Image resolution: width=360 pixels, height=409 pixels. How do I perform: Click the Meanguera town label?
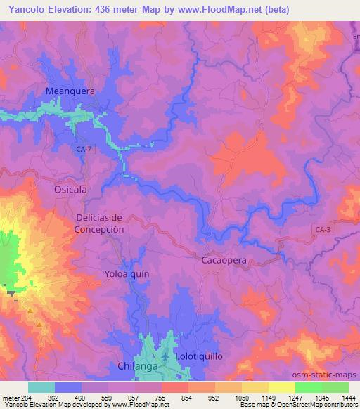70,91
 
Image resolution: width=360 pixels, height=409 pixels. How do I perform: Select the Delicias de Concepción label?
100,223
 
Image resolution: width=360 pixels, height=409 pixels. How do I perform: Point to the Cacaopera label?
224,259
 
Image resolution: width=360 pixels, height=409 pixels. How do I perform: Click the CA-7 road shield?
82,149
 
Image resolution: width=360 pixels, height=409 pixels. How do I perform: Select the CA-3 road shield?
322,229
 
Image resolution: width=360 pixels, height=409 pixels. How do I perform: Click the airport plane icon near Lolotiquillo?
165,357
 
